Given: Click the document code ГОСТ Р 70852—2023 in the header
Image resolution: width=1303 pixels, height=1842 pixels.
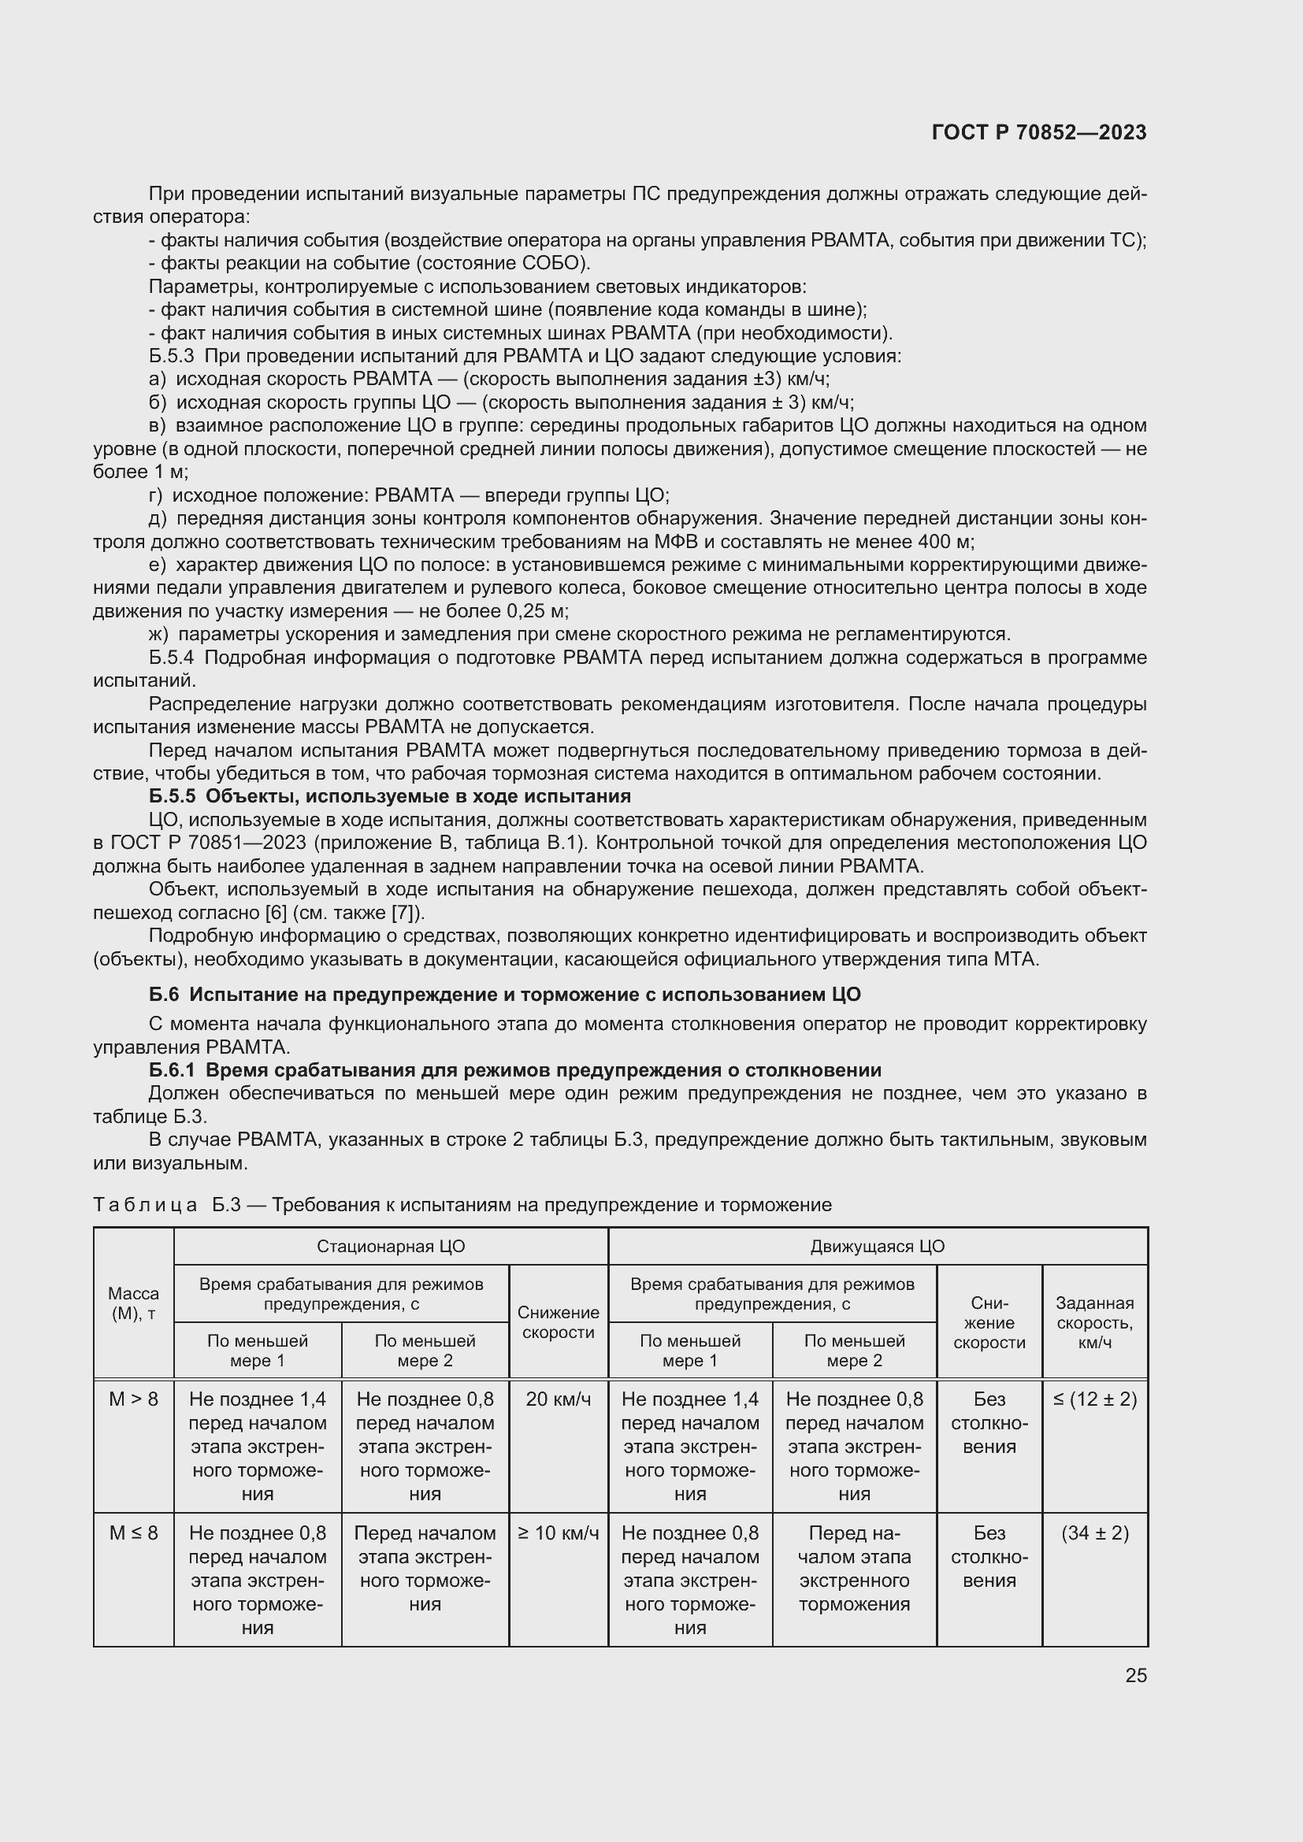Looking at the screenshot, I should coord(1039,132).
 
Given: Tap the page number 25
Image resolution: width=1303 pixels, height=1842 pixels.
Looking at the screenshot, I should coord(1135,1675).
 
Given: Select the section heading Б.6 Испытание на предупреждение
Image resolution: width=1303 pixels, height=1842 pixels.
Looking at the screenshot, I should coord(505,994).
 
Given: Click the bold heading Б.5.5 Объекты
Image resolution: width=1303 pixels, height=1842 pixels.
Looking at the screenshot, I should coord(390,796).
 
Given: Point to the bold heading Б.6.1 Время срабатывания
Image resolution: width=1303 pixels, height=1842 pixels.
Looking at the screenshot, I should coord(515,1069).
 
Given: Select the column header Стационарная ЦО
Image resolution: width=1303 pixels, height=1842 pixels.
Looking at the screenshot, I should coord(391,1246).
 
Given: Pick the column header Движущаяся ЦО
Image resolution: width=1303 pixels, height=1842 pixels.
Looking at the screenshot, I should coord(877,1246).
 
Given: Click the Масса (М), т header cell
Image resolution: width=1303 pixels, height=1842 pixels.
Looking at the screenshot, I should coord(133,1303).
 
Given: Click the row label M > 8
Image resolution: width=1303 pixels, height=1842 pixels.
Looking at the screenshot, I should coord(133,1399).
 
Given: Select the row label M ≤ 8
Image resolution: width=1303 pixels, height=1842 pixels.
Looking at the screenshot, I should coord(133,1533).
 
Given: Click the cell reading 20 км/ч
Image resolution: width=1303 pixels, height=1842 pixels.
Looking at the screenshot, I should coord(559,1399).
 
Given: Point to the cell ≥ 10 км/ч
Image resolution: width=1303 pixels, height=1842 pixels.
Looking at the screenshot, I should coord(559,1533).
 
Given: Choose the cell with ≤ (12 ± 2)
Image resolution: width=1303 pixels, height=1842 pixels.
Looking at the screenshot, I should coord(1094,1399).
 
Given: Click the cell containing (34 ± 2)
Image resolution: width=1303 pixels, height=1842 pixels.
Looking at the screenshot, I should coord(1094,1533).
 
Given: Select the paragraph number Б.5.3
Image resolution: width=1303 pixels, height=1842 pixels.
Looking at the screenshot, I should coord(171,356).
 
